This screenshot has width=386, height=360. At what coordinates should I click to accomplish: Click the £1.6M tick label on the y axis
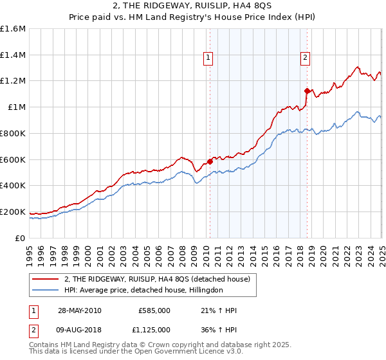click(13, 29)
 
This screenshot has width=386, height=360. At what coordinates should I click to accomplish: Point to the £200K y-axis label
click(13, 212)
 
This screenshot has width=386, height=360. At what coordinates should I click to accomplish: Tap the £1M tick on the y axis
click(17, 107)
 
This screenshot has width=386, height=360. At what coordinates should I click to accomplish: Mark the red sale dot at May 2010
click(210, 161)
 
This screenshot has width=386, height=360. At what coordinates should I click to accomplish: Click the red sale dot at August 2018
click(307, 91)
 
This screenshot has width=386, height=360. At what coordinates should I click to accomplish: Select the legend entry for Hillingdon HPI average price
click(143, 291)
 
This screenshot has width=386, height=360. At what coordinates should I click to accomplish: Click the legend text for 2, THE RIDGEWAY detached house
click(160, 279)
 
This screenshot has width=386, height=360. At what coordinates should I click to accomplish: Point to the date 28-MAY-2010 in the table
click(79, 310)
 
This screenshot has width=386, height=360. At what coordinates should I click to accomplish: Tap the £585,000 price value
click(154, 310)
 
